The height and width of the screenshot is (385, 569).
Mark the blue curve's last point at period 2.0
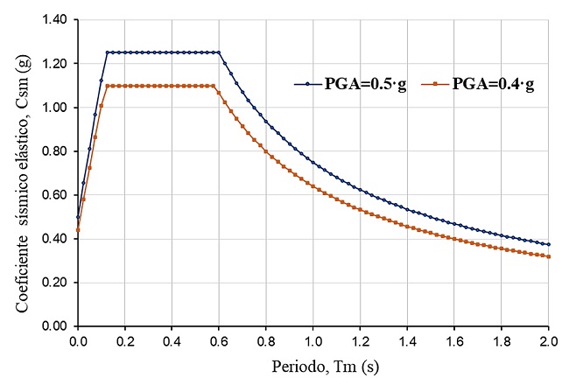(x=550, y=244)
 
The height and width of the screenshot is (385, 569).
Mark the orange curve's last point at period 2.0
(x=550, y=256)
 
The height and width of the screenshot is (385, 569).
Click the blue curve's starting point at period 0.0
(x=78, y=217)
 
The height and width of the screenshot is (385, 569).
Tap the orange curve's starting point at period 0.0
(x=78, y=230)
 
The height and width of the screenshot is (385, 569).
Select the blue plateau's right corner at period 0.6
(x=219, y=52)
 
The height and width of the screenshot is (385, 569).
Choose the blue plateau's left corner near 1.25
(x=107, y=52)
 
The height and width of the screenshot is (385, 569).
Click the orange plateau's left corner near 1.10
(x=107, y=86)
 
